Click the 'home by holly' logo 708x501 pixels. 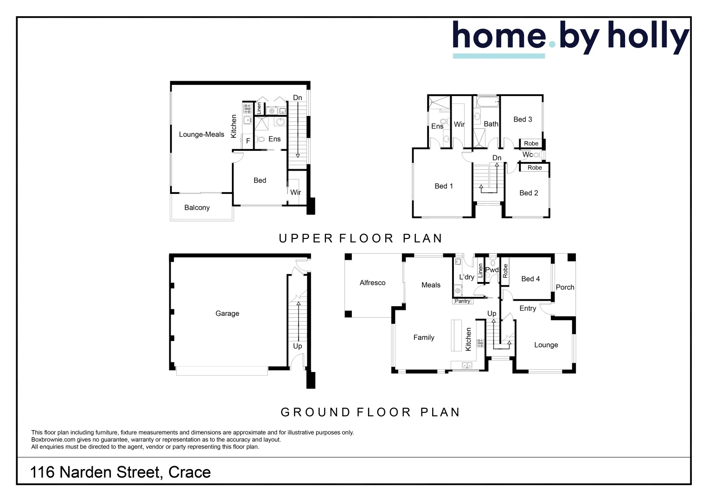pos(570,38)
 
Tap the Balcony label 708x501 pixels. pos(197,207)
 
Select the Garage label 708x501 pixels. pos(227,314)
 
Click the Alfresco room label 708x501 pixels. pos(372,283)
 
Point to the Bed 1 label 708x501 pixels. pos(444,186)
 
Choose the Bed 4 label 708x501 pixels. pos(530,279)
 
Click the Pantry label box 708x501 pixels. pos(462,301)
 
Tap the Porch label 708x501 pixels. pos(565,287)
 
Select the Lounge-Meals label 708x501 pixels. pos(201,135)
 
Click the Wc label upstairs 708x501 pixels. pos(528,154)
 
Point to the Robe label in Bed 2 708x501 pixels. pos(535,167)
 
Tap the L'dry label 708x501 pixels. pos(466,277)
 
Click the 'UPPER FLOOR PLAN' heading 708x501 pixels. pos(360,238)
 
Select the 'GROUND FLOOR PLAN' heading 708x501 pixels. pos(370,412)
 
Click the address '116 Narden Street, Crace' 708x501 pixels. pos(120,472)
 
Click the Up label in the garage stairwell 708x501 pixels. pos(297,346)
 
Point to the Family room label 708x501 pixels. pos(424,338)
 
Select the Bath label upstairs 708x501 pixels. pos(491,124)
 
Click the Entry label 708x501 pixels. pos(528,308)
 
